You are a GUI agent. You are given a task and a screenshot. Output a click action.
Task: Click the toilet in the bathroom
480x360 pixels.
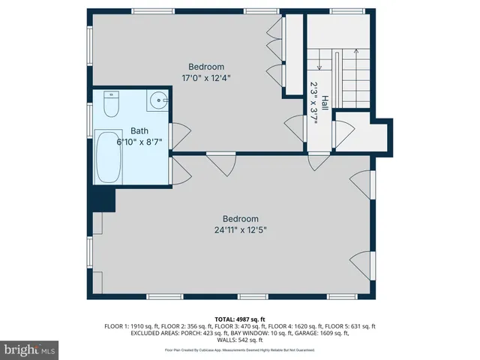110,104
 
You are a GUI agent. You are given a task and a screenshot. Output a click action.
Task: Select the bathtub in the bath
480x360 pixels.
109,157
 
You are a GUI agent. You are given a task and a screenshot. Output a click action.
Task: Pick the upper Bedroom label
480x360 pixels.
206,67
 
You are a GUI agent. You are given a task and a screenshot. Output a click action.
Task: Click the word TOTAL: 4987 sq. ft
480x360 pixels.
240,319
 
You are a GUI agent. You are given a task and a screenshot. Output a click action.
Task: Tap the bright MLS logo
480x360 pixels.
29,349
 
